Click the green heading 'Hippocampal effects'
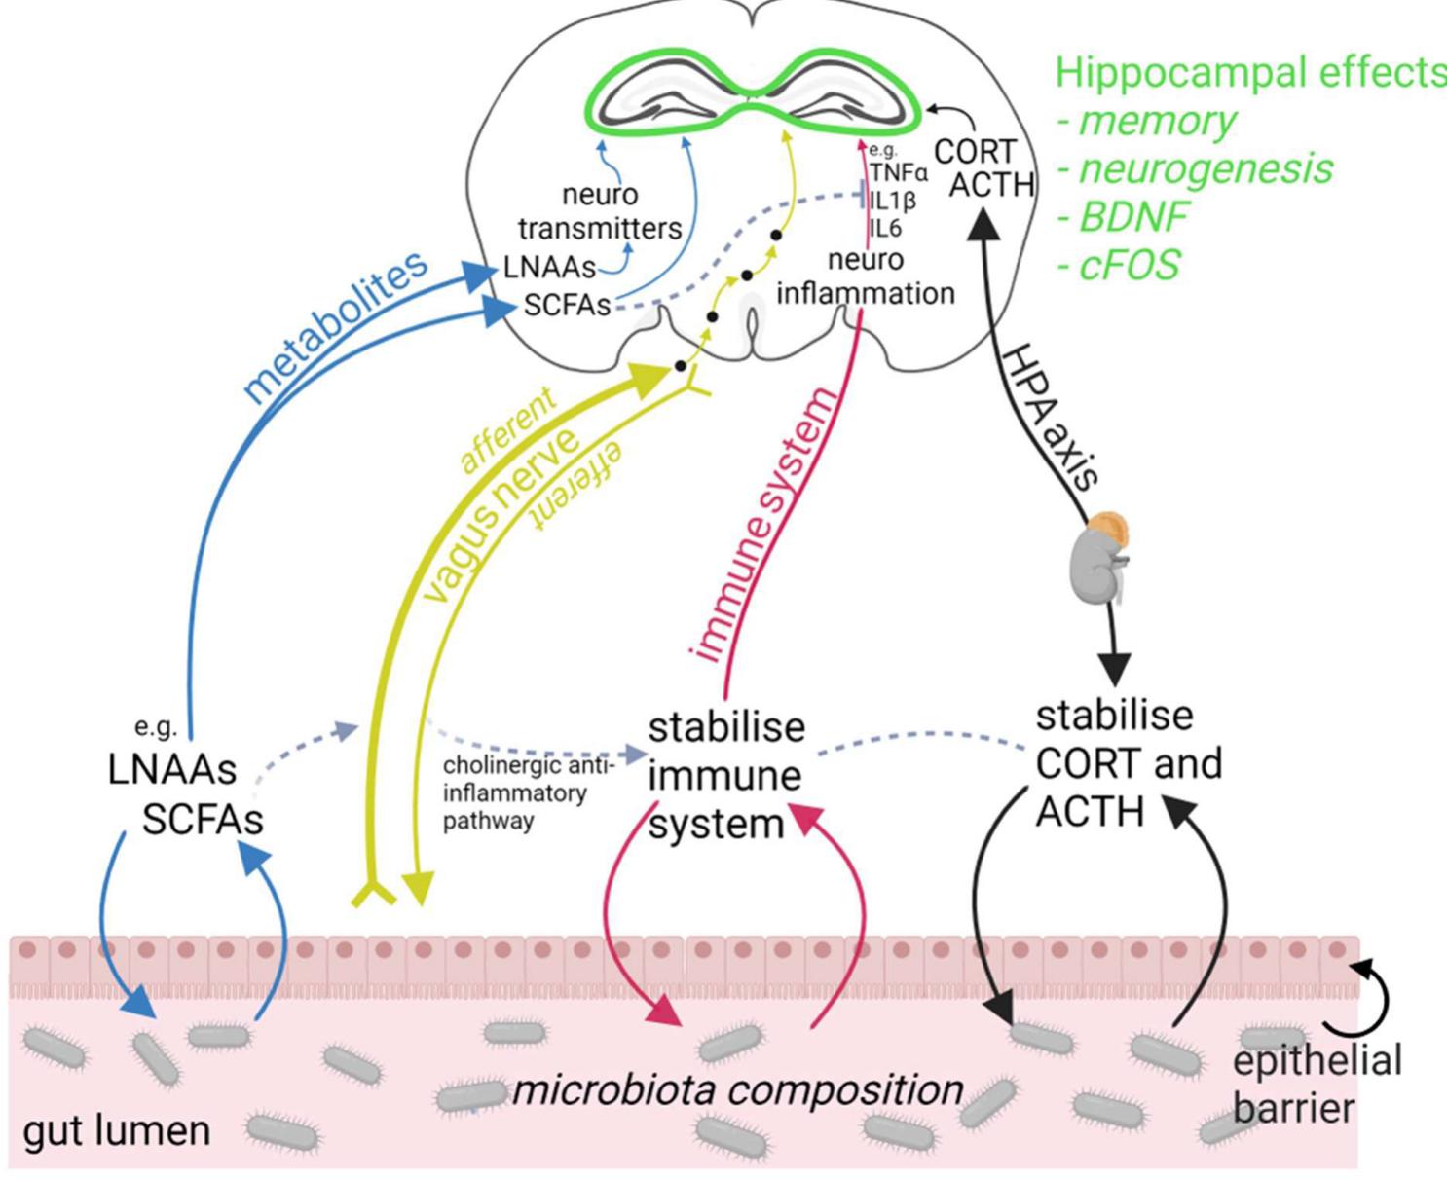click(1251, 73)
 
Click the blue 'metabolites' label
click(337, 326)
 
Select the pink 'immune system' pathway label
click(762, 525)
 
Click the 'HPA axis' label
click(1052, 417)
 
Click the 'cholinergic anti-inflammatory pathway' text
click(529, 793)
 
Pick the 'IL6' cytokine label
click(886, 228)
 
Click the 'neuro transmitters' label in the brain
click(600, 211)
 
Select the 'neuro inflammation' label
click(866, 276)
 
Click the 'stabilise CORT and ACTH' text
click(1129, 764)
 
